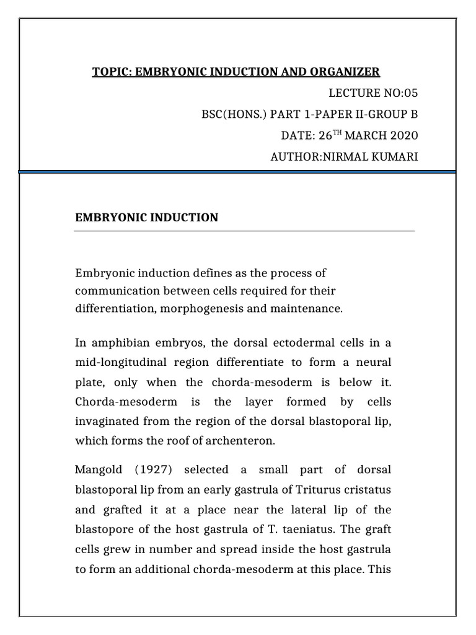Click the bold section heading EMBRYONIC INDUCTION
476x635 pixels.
point(146,217)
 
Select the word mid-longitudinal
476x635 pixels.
point(118,362)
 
